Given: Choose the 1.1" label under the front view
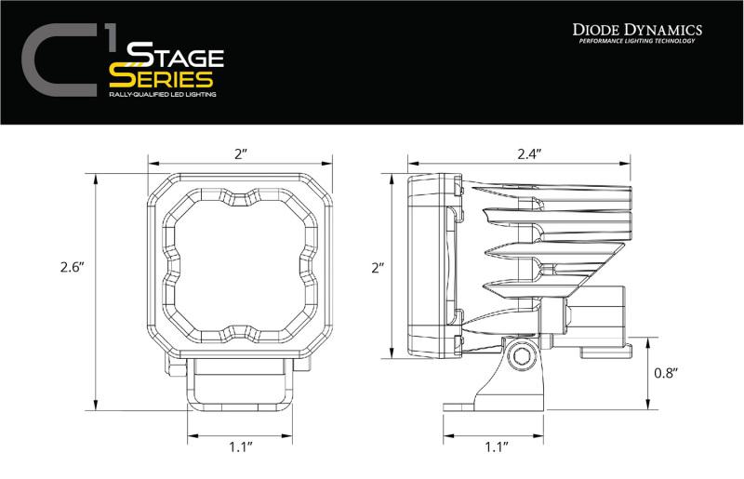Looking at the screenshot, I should pos(241,446).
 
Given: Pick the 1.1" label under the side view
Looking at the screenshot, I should pos(496,446).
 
